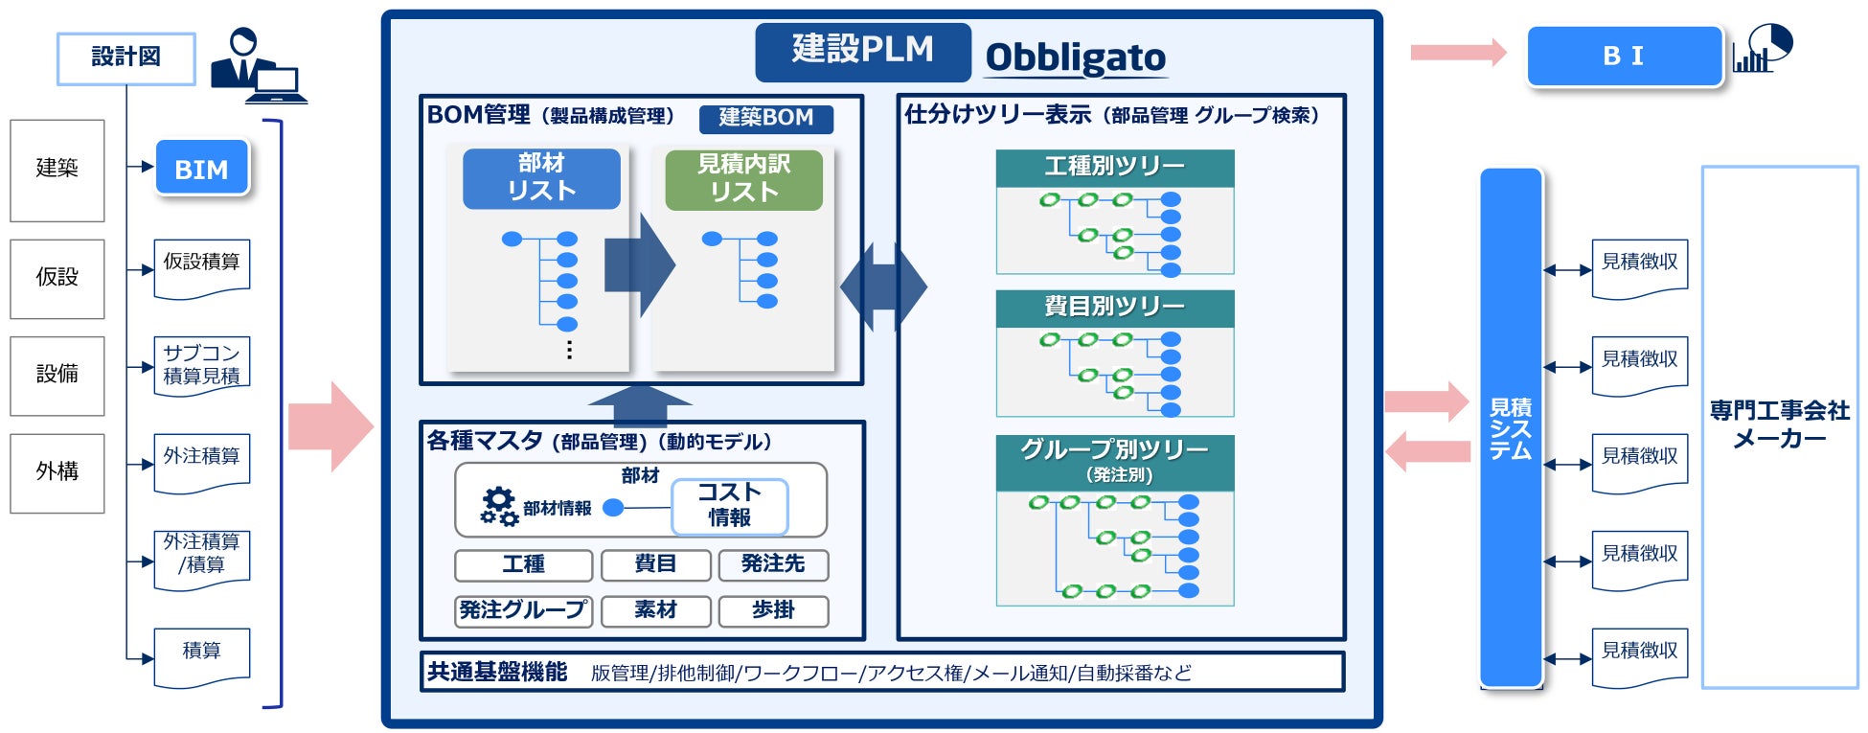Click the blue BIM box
pyautogui.click(x=202, y=169)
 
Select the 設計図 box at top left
pyautogui.click(x=126, y=57)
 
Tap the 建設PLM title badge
pyautogui.click(x=862, y=51)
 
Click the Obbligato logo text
pyautogui.click(x=1075, y=58)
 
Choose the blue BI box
pyautogui.click(x=1624, y=57)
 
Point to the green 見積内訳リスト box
pyautogui.click(x=743, y=179)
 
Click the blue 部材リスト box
pyautogui.click(x=541, y=178)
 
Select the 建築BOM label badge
pyautogui.click(x=765, y=118)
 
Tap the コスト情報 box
pyautogui.click(x=730, y=505)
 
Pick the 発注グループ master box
pyautogui.click(x=523, y=610)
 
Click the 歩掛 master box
pyautogui.click(x=773, y=610)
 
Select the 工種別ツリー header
pyautogui.click(x=1114, y=168)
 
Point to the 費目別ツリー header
pyautogui.click(x=1114, y=308)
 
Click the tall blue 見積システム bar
pyautogui.click(x=1511, y=427)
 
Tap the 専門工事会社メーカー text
pyautogui.click(x=1779, y=424)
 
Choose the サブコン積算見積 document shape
pyautogui.click(x=202, y=365)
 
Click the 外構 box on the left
pyautogui.click(x=57, y=471)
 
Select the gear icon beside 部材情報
pyautogui.click(x=499, y=506)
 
